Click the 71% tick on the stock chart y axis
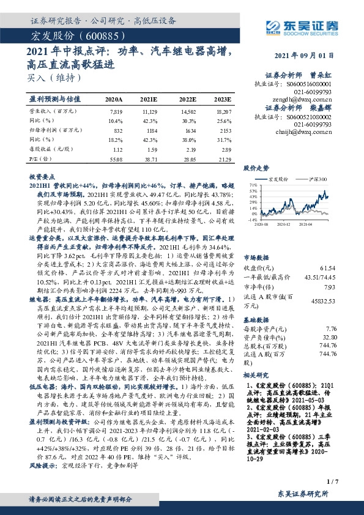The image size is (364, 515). [x=251, y=183]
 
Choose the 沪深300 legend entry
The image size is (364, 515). [x=316, y=179]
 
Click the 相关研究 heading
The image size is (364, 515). [x=257, y=391]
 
